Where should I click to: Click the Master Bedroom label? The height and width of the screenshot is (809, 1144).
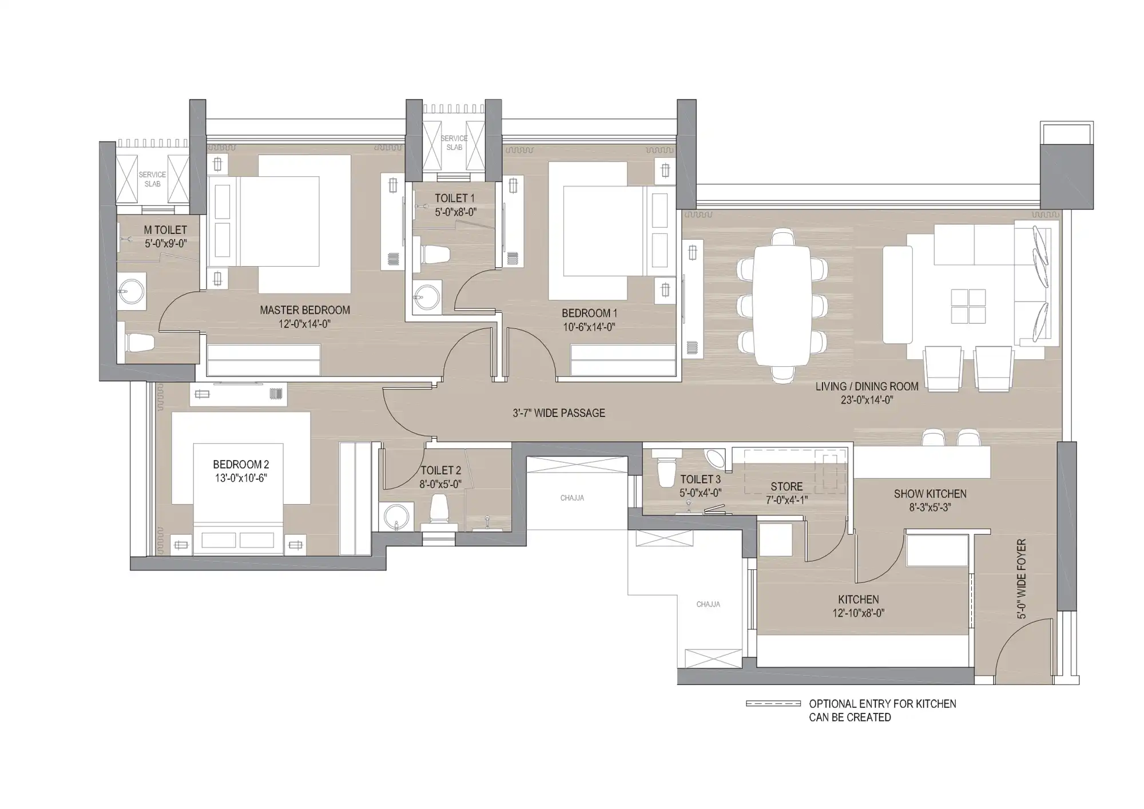(305, 310)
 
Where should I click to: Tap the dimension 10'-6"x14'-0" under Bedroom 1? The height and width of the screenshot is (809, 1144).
(589, 327)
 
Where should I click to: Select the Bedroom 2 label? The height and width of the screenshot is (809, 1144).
(241, 465)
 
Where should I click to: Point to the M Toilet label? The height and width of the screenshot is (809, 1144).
(165, 230)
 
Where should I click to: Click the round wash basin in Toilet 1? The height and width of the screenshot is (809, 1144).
(426, 297)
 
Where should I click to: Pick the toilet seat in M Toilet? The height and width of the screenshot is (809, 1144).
(139, 343)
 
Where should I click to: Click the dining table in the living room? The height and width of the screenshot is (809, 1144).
(782, 306)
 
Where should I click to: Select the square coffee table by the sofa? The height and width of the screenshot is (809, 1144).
(968, 306)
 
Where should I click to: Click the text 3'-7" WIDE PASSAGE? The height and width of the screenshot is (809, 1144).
(559, 413)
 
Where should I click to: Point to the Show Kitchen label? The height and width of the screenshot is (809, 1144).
(930, 494)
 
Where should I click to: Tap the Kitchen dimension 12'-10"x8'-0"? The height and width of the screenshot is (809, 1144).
(859, 613)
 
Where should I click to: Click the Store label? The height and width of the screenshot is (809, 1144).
(786, 486)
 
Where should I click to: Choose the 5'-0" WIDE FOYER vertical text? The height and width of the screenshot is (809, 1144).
(1022, 579)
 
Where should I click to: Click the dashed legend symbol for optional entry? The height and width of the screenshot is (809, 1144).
(773, 704)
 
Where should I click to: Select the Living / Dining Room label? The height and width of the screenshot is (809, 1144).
(867, 387)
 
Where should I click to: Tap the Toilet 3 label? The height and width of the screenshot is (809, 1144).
(700, 479)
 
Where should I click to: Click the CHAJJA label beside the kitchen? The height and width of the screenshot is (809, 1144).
(708, 604)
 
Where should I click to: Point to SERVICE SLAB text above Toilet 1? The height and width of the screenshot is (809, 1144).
(454, 142)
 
